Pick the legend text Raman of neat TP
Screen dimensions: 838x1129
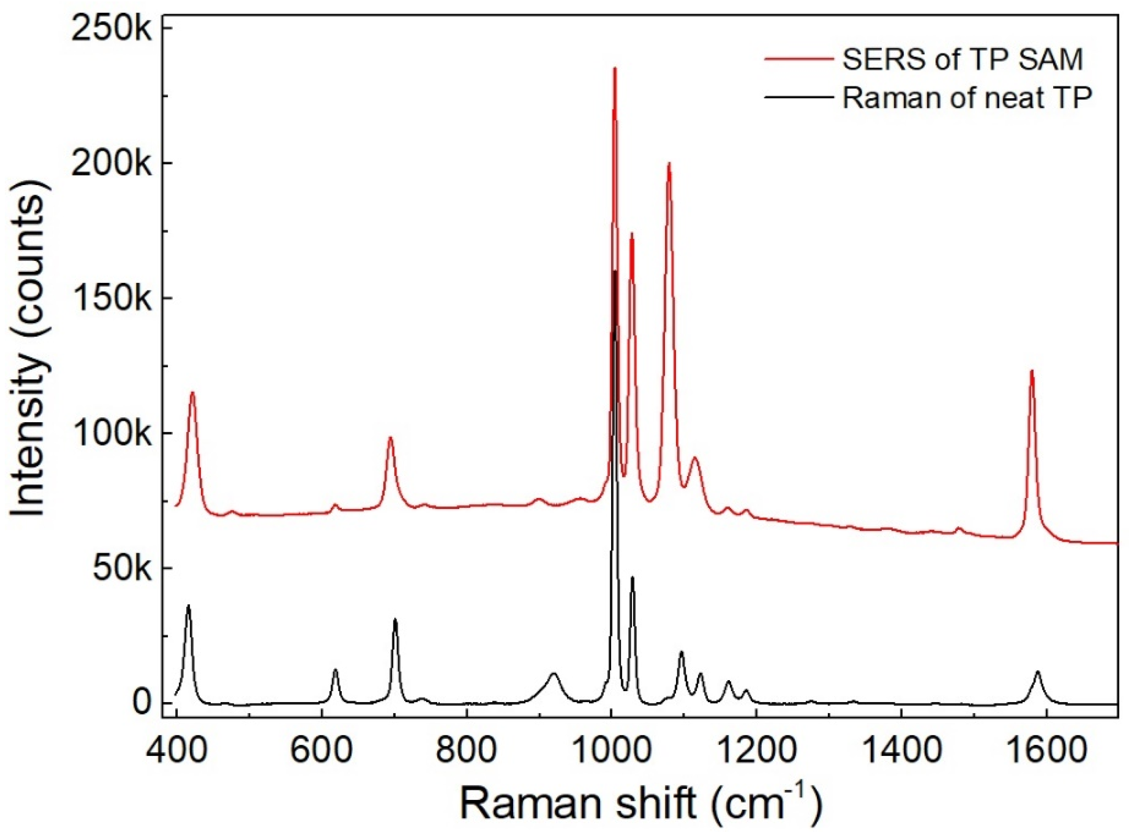point(967,98)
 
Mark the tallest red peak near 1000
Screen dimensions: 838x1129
point(614,69)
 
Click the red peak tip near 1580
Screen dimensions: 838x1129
point(1032,372)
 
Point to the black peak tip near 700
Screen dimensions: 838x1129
point(395,621)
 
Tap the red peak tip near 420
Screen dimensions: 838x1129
point(192,393)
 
